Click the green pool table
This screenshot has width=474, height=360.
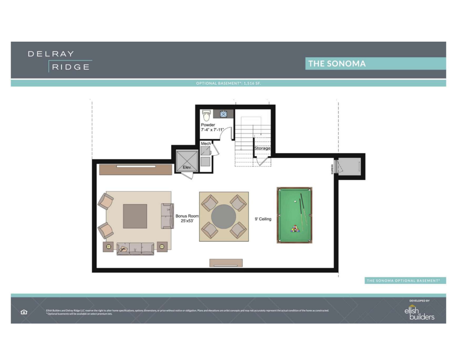294,215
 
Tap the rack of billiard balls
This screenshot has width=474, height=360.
295,229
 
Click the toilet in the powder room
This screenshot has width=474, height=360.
206,115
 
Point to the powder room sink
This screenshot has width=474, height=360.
224,114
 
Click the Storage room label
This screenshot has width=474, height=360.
263,148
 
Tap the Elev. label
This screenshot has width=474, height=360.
186,167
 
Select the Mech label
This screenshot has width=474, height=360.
205,143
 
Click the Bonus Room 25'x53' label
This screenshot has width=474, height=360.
187,219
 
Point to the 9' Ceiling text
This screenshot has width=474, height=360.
263,219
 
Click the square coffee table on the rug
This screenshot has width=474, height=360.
135,216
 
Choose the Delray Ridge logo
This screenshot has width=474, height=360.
59,61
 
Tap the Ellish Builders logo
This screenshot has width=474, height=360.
419,313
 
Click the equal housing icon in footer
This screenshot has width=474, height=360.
24,312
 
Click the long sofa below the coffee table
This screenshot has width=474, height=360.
135,248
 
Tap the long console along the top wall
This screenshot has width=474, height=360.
135,168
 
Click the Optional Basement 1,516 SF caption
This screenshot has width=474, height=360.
228,83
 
